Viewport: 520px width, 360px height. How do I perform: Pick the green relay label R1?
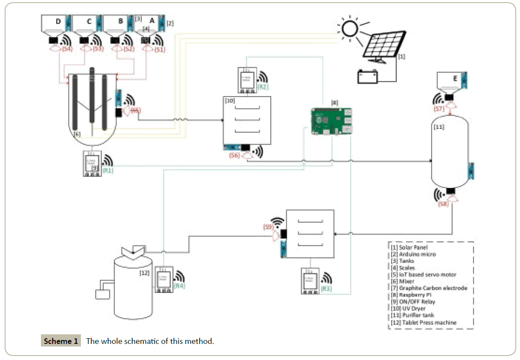point(108,171)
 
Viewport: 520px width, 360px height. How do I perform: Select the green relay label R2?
point(263,86)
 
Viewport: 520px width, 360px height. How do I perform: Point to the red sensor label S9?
point(269,227)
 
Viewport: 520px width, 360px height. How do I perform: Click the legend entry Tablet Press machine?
point(424,322)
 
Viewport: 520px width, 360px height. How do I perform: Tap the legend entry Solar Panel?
point(409,247)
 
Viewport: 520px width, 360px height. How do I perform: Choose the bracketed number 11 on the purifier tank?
point(439,127)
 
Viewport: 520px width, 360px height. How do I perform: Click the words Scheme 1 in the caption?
point(61,341)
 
